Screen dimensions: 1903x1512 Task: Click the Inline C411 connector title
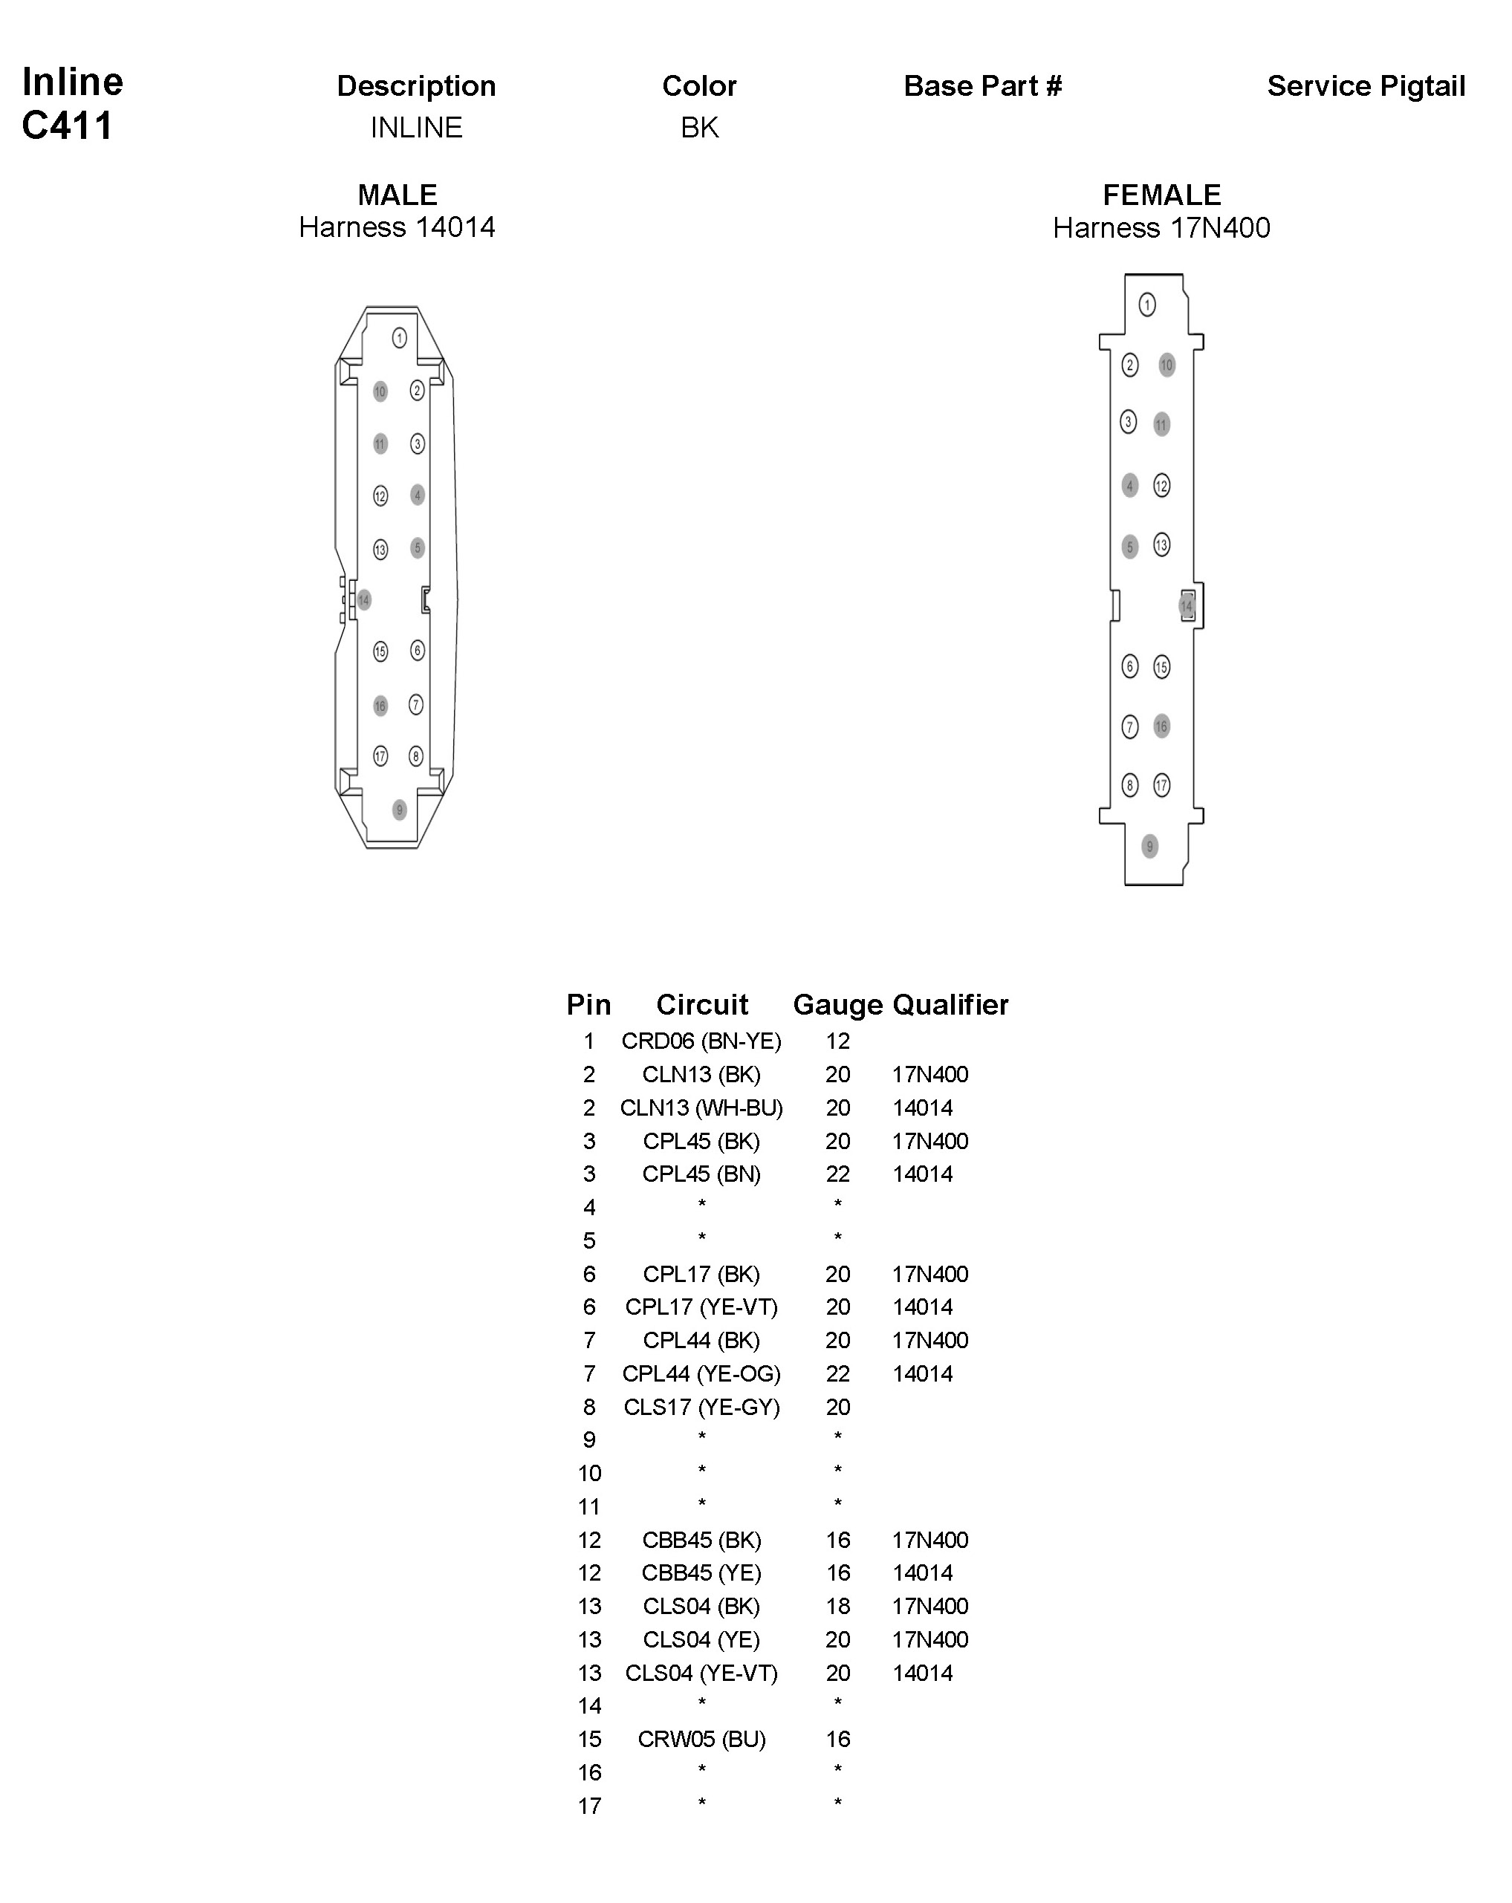point(71,103)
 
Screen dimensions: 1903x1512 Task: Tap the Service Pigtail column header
point(1366,86)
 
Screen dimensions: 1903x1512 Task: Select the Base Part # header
point(982,86)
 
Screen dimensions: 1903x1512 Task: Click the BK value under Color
point(699,128)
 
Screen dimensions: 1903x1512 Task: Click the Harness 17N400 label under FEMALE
point(1161,229)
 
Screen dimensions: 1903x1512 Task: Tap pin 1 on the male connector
point(400,338)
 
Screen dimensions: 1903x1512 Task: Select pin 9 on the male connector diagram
point(400,810)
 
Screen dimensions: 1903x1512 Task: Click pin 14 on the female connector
point(1187,606)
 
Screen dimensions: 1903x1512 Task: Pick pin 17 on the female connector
point(1161,784)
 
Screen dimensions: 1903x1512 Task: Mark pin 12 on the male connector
point(380,496)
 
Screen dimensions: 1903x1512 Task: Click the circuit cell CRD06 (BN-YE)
point(701,1041)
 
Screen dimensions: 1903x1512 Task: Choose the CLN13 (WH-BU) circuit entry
point(701,1107)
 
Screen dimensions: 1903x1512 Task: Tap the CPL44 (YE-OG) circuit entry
point(701,1373)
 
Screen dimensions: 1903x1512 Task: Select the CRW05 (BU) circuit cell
point(701,1739)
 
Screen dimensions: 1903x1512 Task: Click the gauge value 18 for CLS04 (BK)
point(837,1607)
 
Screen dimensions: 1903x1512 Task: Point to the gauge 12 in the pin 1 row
point(837,1041)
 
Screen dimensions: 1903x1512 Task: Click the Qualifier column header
point(950,1004)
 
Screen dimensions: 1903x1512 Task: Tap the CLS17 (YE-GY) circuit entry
point(701,1407)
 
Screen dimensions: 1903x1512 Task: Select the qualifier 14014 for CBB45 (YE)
point(922,1573)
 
